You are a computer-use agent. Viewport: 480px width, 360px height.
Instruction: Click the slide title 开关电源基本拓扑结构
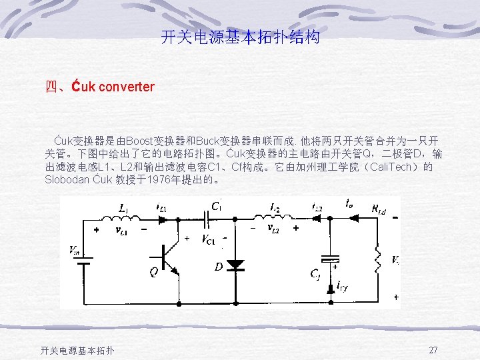pos(240,37)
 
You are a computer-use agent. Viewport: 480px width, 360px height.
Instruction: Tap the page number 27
pos(433,350)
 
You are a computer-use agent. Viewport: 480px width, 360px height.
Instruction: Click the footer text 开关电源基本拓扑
pos(77,351)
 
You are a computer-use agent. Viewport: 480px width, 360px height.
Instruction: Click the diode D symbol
pos(235,264)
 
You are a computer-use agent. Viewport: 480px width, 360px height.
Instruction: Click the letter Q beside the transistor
pos(154,272)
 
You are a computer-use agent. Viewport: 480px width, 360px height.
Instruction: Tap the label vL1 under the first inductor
pos(123,231)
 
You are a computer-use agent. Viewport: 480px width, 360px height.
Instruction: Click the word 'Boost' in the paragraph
pos(139,141)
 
